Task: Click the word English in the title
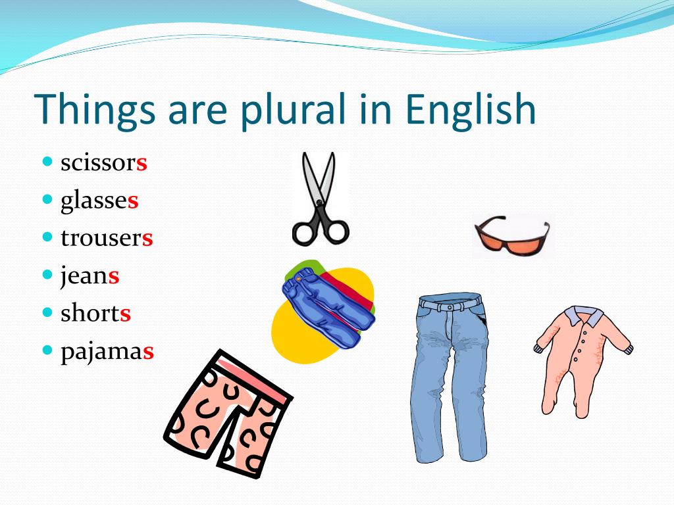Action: tap(471, 110)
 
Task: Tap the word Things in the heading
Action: tap(95, 110)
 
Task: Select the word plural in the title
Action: tap(293, 110)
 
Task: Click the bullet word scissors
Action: tap(104, 163)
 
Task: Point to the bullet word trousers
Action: tap(107, 238)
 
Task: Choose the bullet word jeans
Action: tap(90, 276)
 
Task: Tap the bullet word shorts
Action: tap(95, 313)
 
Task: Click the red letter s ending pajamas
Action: tap(148, 352)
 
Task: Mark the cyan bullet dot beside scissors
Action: tap(47, 162)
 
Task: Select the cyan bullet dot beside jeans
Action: tap(47, 274)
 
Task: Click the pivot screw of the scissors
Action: tap(319, 203)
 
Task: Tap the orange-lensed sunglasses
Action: tap(511, 235)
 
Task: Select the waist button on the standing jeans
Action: tap(450, 308)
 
